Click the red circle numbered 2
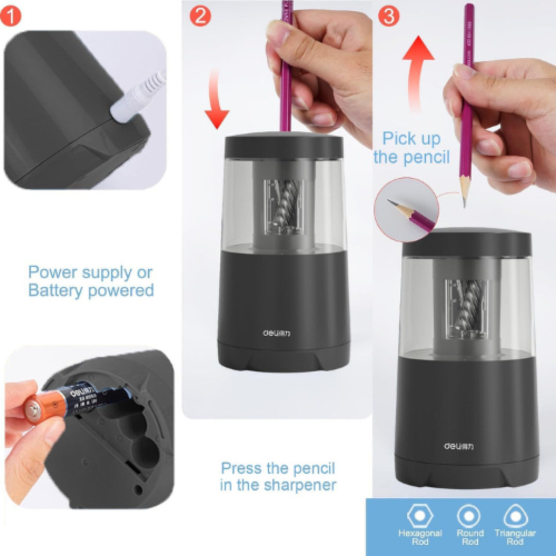click(x=200, y=16)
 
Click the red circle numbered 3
click(x=389, y=16)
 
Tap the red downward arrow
click(x=216, y=100)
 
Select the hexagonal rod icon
click(x=420, y=516)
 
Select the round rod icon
click(x=469, y=516)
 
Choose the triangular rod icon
click(x=515, y=516)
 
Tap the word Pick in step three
click(x=398, y=139)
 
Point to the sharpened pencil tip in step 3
click(x=464, y=198)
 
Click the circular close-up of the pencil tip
click(x=407, y=210)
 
